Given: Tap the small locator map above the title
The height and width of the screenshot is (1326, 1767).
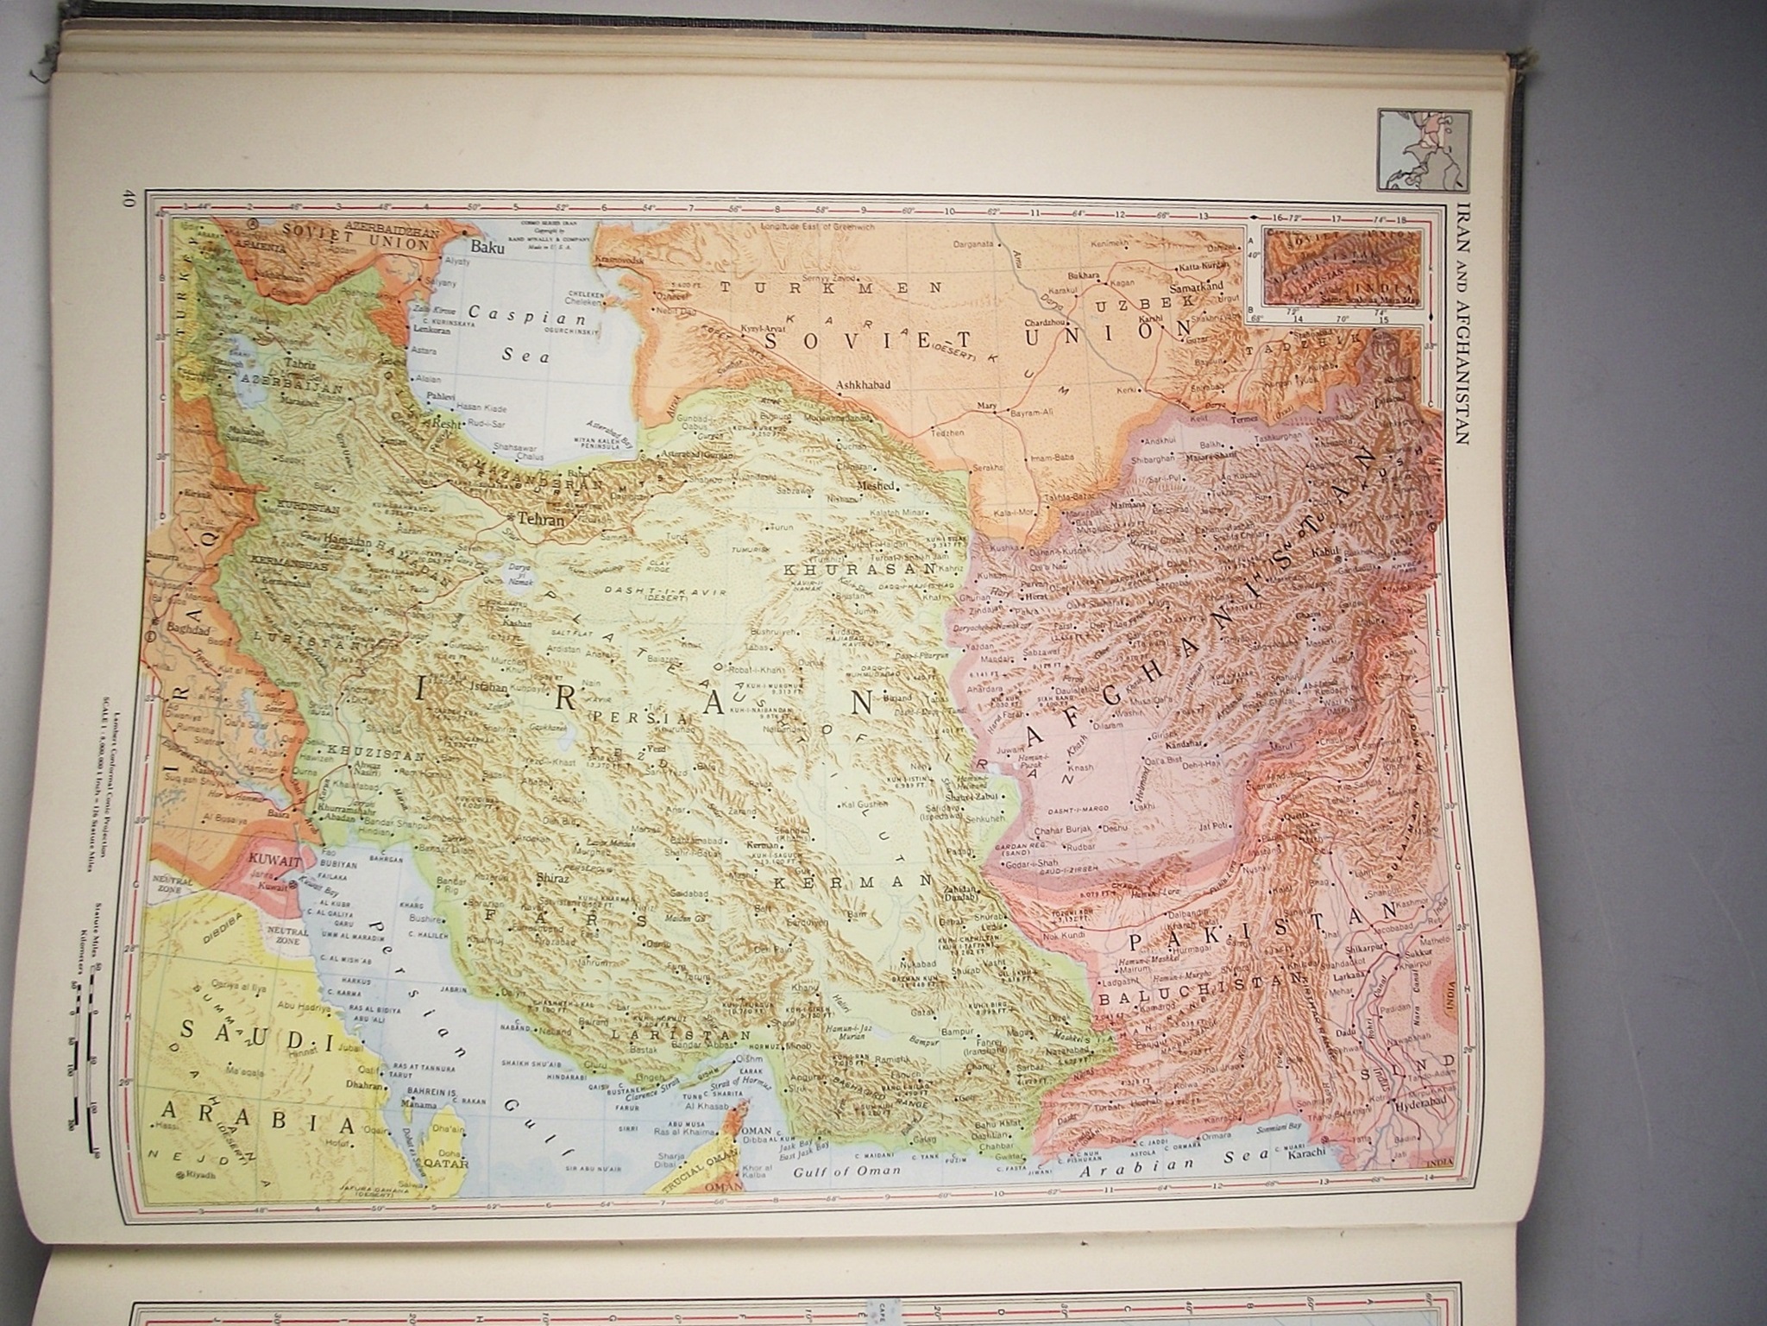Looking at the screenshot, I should click(x=1413, y=148).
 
